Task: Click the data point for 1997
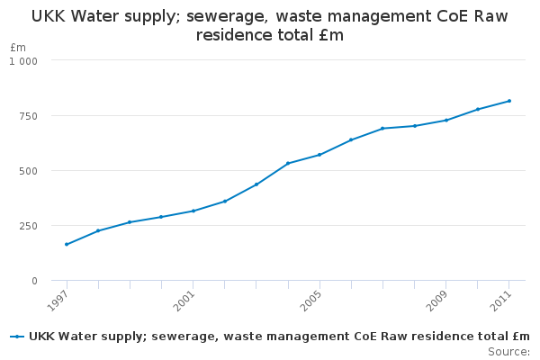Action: pos(67,244)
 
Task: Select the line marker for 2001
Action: pos(193,211)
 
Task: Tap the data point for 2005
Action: pos(319,155)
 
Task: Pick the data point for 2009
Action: pos(445,120)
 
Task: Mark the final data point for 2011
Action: pos(509,101)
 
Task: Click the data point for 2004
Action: pos(288,163)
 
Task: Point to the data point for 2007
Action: pos(382,128)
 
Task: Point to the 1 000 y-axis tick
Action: pos(23,60)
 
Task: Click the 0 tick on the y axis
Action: pos(34,281)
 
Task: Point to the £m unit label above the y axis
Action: pos(18,47)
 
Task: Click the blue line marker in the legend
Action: pos(17,337)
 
